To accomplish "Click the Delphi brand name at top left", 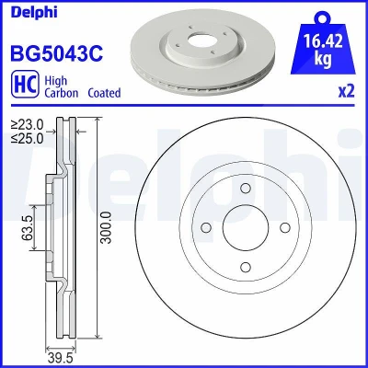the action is pyautogui.click(x=34, y=12).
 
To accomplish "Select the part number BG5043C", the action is pyautogui.click(x=57, y=53).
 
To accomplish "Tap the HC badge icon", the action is pyautogui.click(x=25, y=85).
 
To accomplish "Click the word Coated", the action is pyautogui.click(x=104, y=93).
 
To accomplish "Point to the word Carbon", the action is pyautogui.click(x=62, y=93).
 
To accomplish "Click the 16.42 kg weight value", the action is pyautogui.click(x=323, y=50).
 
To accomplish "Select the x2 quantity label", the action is pyautogui.click(x=346, y=91).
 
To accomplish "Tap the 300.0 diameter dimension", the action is pyautogui.click(x=107, y=227).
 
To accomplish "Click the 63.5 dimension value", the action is pyautogui.click(x=28, y=227).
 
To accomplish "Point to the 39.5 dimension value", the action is pyautogui.click(x=60, y=358).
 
